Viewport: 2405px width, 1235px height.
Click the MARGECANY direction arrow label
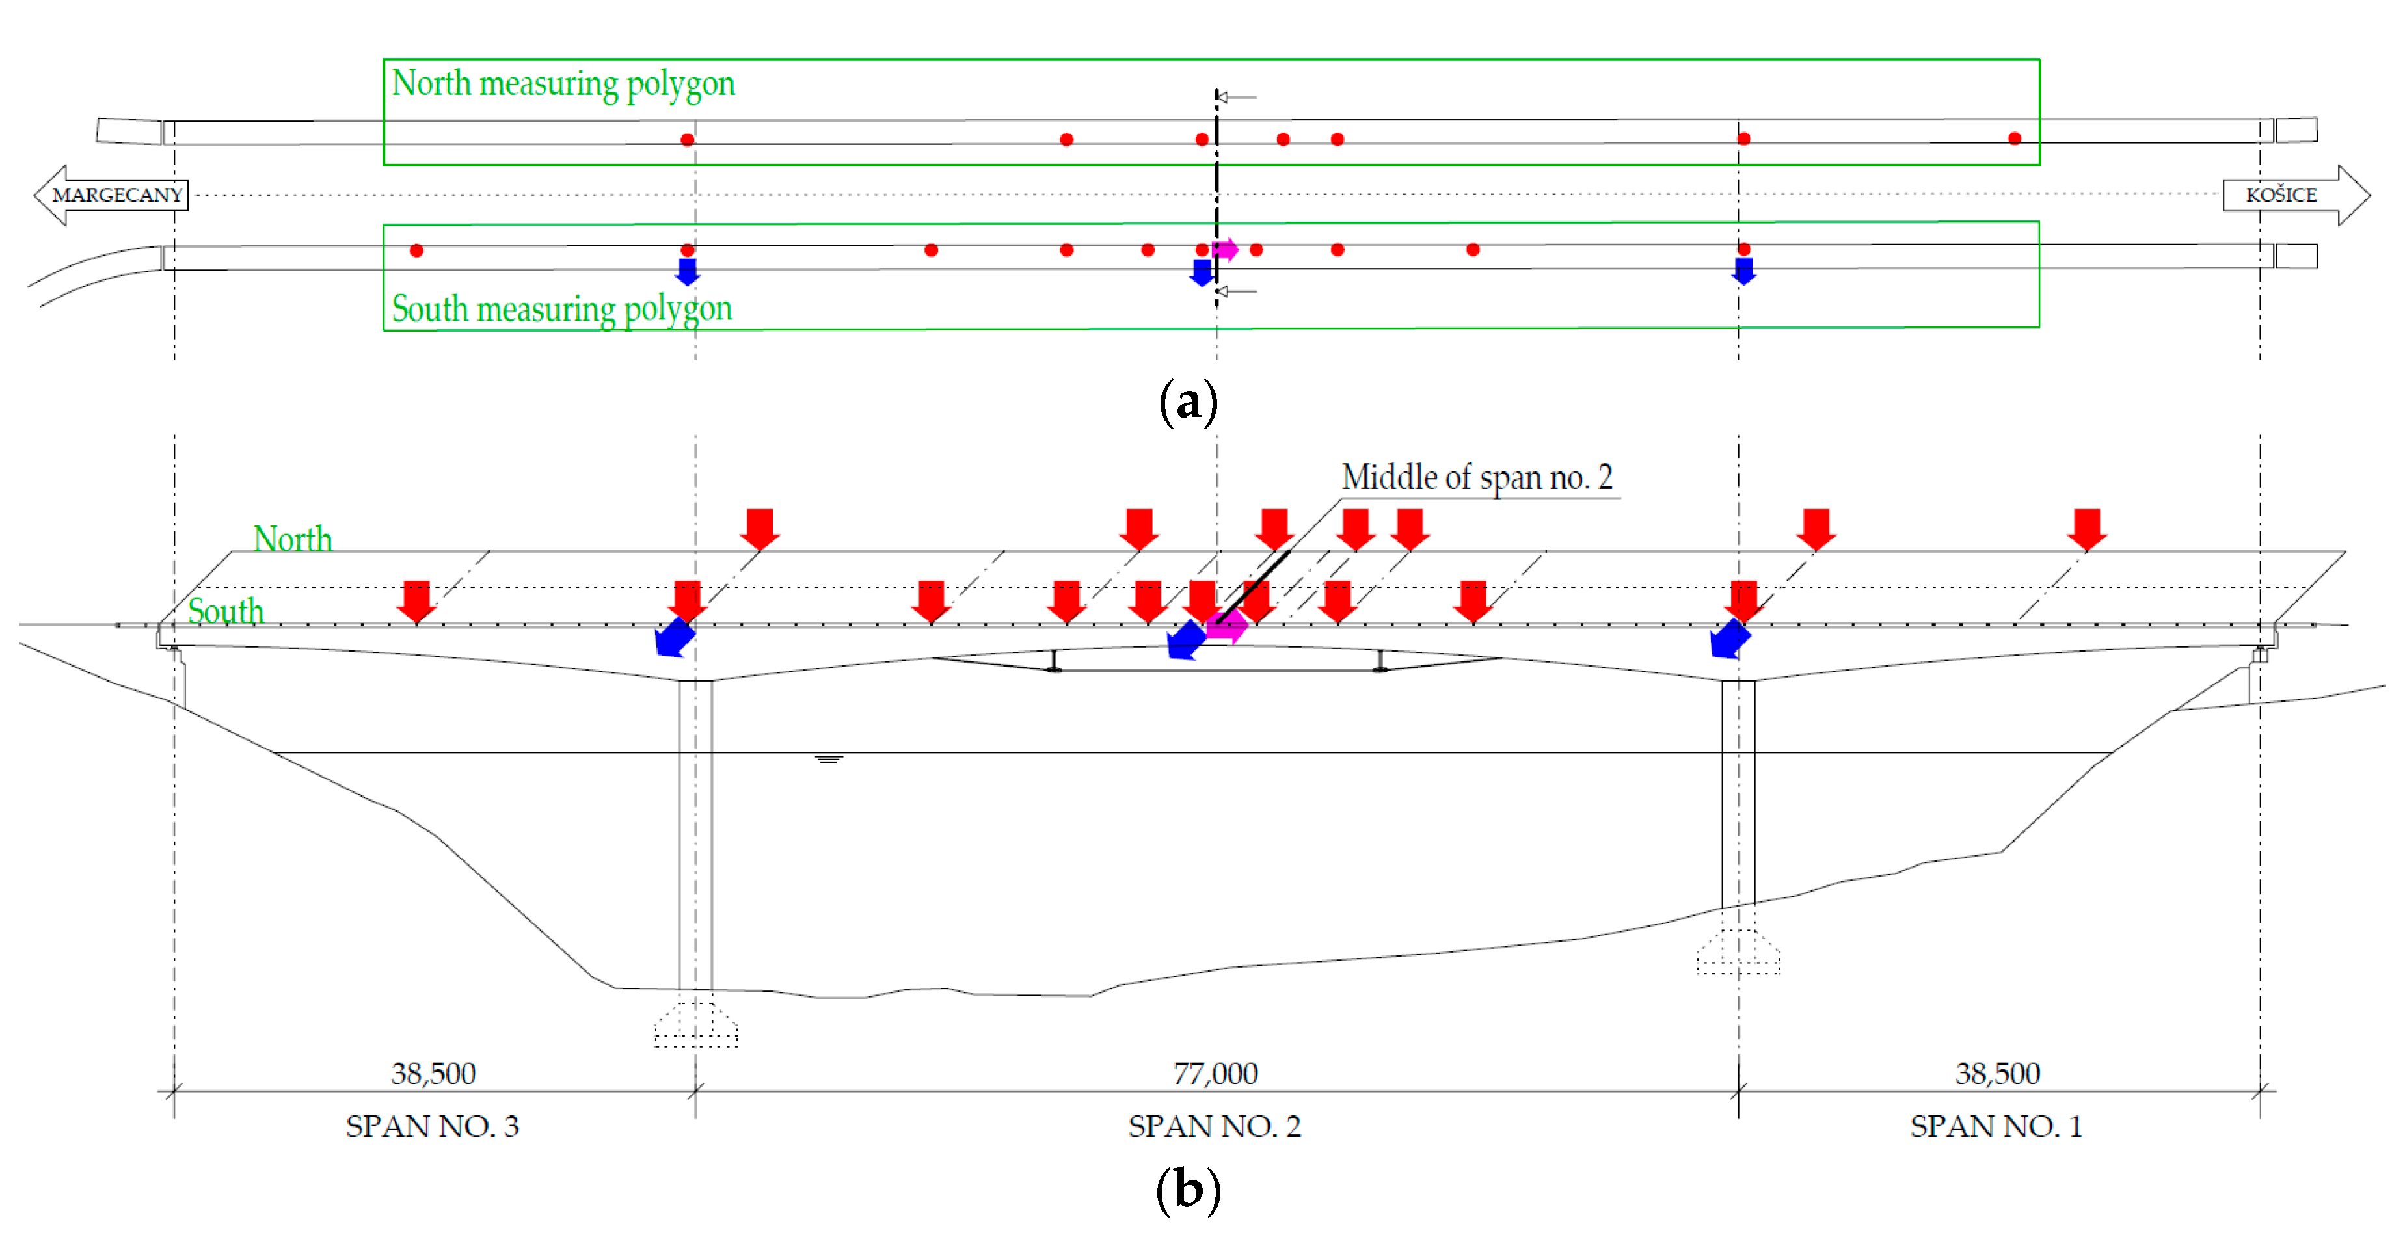pyautogui.click(x=116, y=195)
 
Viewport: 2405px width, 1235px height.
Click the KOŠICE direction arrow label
pyautogui.click(x=2281, y=195)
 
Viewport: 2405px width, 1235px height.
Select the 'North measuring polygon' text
pyautogui.click(x=563, y=84)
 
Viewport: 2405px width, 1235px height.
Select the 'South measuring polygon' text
pyautogui.click(x=561, y=309)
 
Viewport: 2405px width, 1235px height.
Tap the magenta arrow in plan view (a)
pyautogui.click(x=1225, y=249)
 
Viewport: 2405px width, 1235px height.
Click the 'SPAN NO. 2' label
pyautogui.click(x=1214, y=1126)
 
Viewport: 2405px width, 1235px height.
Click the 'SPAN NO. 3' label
pyautogui.click(x=432, y=1126)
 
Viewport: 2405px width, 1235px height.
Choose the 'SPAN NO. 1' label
pyautogui.click(x=1996, y=1126)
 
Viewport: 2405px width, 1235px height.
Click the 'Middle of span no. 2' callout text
pyautogui.click(x=1477, y=478)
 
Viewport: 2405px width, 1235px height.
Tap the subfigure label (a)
pyautogui.click(x=1188, y=403)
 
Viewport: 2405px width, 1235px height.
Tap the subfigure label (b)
pyautogui.click(x=1188, y=1190)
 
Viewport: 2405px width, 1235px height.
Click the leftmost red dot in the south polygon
pyautogui.click(x=416, y=250)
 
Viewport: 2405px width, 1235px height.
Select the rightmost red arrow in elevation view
pyautogui.click(x=2087, y=528)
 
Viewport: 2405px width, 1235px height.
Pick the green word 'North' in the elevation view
pyautogui.click(x=292, y=540)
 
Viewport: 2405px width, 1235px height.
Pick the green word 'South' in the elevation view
pyautogui.click(x=226, y=611)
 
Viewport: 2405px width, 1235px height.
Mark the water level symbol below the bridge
pyautogui.click(x=828, y=759)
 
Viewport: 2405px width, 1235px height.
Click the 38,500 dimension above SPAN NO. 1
pyautogui.click(x=1998, y=1074)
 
